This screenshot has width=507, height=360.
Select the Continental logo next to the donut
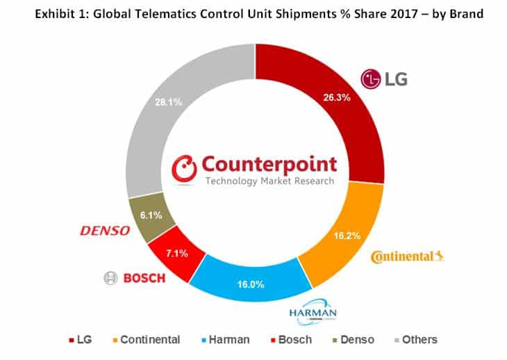[x=407, y=257]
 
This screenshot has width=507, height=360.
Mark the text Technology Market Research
[x=270, y=181]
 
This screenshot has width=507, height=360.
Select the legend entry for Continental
[x=145, y=340]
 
